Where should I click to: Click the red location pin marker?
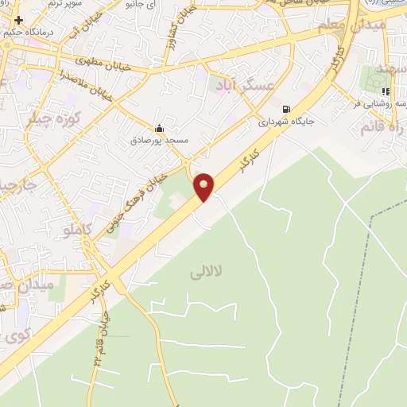[204, 186]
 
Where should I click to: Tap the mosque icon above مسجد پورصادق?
[159, 128]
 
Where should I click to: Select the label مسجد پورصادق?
[159, 141]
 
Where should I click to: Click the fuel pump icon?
[285, 109]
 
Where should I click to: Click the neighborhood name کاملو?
[77, 230]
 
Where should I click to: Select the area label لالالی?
[206, 273]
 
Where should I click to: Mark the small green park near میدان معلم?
[374, 79]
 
